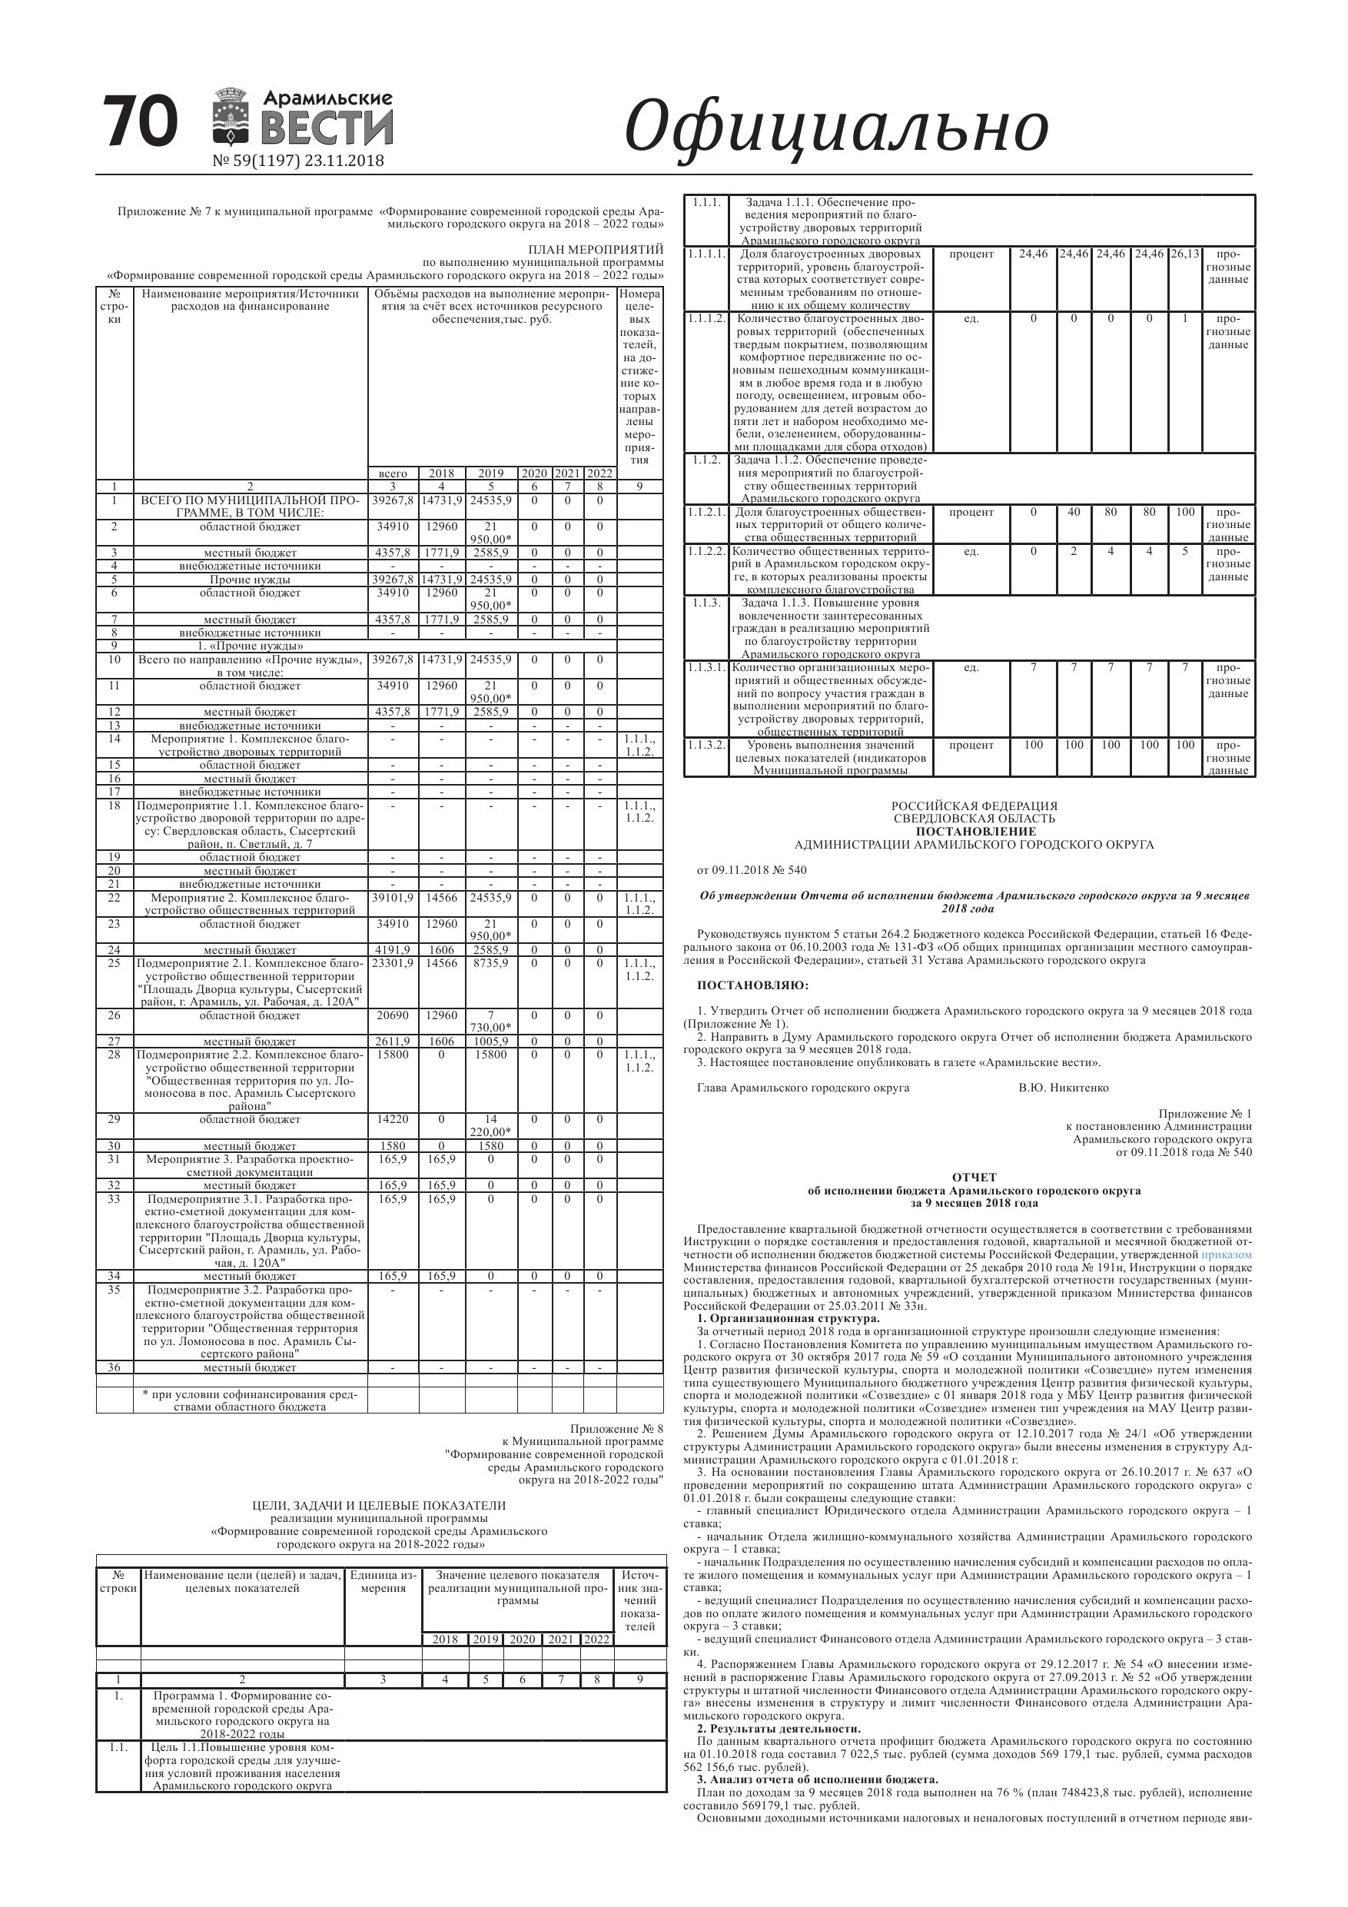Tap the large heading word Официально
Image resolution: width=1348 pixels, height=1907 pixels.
click(x=835, y=126)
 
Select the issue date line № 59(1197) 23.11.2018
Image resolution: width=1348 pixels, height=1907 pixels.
click(x=298, y=161)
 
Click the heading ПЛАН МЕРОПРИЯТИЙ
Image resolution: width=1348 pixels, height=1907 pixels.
click(x=596, y=249)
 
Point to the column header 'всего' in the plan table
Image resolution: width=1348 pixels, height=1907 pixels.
click(x=393, y=473)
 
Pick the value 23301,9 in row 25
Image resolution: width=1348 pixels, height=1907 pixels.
click(x=393, y=963)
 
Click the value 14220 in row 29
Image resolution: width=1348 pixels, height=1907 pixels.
click(x=393, y=1119)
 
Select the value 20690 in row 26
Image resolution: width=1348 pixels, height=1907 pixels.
click(x=393, y=1015)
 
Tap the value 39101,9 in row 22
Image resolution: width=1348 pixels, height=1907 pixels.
click(x=393, y=898)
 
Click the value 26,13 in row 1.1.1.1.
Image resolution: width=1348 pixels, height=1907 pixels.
click(x=1185, y=254)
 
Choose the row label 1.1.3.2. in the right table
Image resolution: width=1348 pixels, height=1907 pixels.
click(x=706, y=745)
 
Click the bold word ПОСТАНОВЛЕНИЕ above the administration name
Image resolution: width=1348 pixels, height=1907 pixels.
click(x=975, y=832)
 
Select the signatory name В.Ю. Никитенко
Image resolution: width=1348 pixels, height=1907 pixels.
click(x=1063, y=1088)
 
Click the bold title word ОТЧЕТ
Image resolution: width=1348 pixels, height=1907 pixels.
click(x=974, y=1178)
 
